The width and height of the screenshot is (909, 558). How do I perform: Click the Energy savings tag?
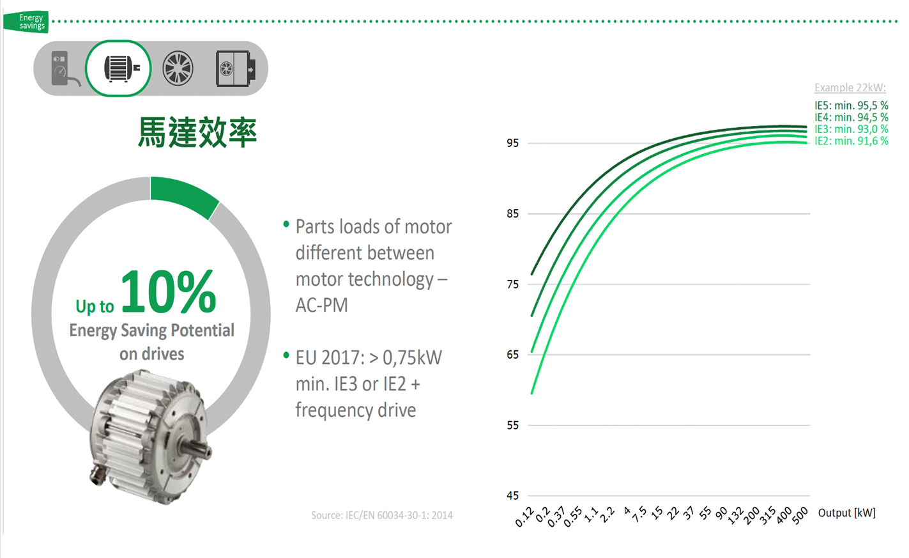(x=26, y=22)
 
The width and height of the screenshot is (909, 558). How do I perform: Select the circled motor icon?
(x=118, y=68)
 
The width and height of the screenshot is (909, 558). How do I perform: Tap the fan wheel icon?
(x=178, y=68)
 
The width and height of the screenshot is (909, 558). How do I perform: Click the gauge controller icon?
(x=65, y=68)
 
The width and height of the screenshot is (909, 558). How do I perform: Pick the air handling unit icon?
(x=236, y=68)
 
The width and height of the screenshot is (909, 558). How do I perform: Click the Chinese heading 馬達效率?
(x=197, y=132)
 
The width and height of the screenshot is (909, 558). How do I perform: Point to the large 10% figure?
(x=169, y=291)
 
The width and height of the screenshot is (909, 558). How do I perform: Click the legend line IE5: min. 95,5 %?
(x=851, y=105)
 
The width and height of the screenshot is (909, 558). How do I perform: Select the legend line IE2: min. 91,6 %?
(x=851, y=141)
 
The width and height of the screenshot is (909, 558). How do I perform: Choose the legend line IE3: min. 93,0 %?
(x=851, y=129)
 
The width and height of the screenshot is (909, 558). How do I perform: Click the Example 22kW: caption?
(x=850, y=88)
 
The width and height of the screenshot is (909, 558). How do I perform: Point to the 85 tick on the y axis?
(x=512, y=213)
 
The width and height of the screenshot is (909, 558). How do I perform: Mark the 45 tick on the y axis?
(x=512, y=495)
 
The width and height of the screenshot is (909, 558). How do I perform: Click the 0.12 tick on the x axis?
(x=524, y=517)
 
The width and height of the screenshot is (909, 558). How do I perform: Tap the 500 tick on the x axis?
(x=800, y=516)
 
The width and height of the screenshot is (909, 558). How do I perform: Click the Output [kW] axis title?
(x=846, y=513)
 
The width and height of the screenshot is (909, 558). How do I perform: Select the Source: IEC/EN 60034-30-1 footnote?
(x=382, y=515)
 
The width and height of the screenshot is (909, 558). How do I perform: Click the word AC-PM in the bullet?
(x=322, y=306)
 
